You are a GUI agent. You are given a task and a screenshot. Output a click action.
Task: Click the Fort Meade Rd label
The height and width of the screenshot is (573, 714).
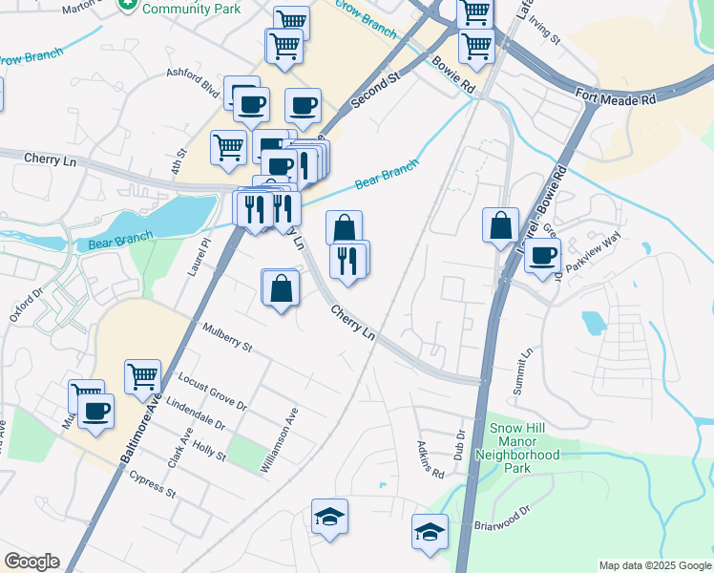click(616, 95)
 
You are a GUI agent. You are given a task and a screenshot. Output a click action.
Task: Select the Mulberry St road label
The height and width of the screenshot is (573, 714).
click(226, 337)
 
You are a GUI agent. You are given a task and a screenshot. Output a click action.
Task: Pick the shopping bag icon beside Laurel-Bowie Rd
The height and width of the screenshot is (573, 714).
click(500, 226)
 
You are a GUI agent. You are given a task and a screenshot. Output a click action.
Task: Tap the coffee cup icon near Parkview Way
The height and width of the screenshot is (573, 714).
click(542, 256)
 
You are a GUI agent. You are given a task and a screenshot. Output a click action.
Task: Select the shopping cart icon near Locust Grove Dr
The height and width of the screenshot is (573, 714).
click(142, 376)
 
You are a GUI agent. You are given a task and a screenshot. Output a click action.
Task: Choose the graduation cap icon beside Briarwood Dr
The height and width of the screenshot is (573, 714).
click(430, 532)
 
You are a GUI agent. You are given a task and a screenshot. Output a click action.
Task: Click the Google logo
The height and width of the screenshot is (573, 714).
click(31, 562)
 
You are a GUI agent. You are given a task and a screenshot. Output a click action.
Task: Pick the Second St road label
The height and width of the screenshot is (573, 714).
click(373, 91)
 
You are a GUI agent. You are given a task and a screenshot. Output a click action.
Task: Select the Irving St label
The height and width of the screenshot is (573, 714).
click(547, 29)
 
